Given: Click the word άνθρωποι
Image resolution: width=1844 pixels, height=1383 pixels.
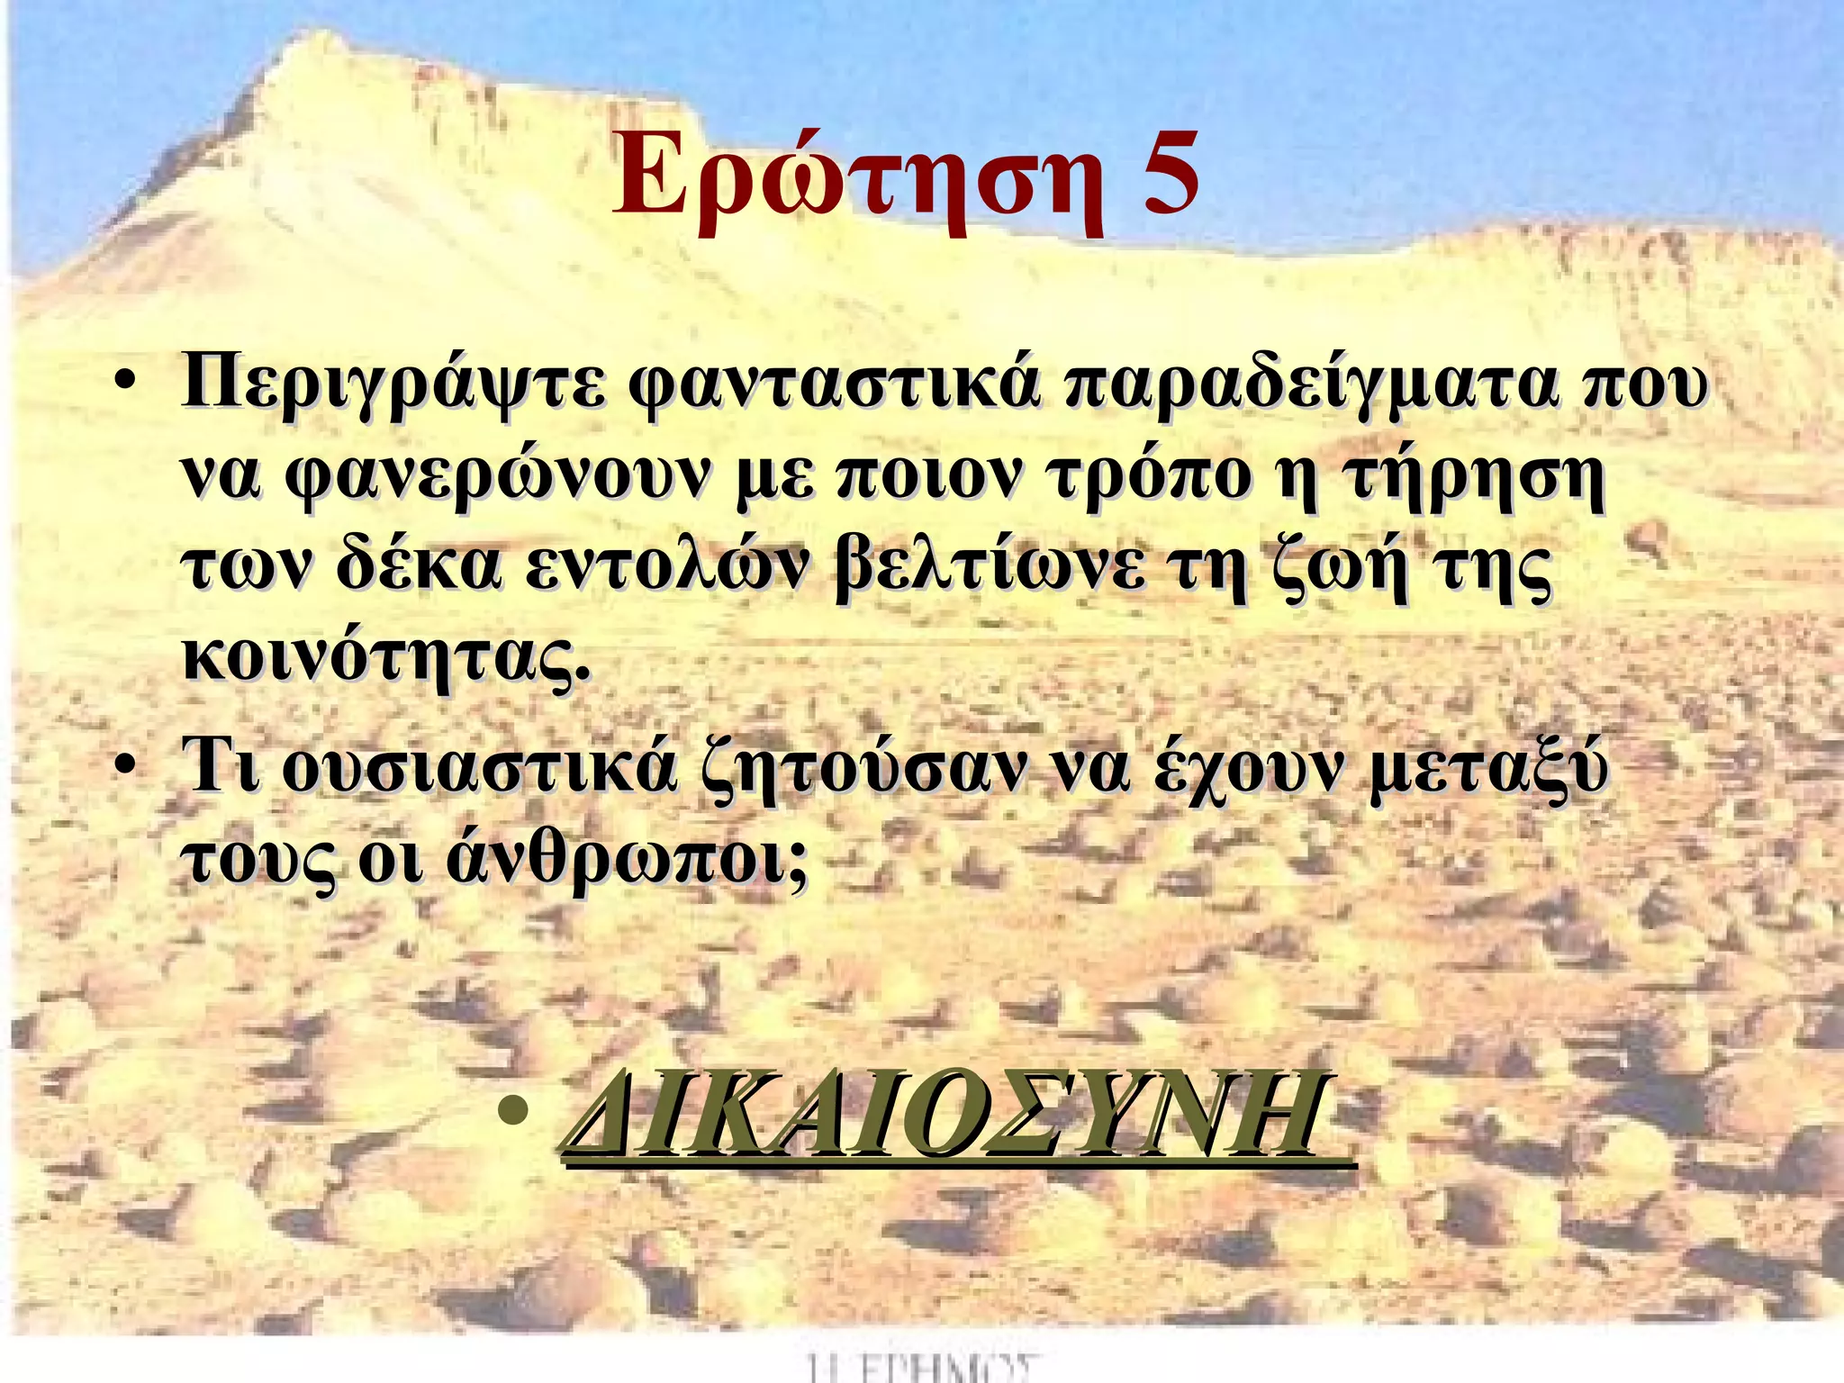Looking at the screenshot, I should pos(627,861).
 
